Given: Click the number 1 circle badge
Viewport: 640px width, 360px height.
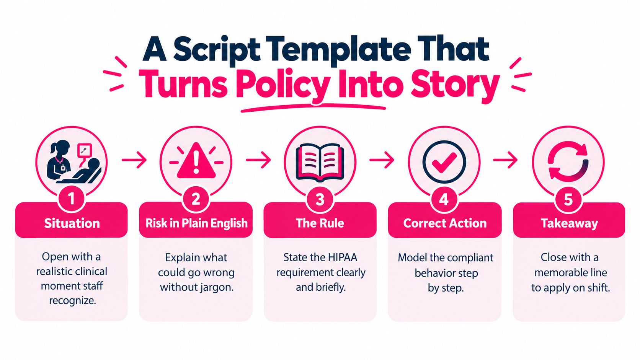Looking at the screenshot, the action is tap(72, 199).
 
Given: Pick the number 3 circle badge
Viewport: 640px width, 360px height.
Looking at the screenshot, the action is tap(320, 199).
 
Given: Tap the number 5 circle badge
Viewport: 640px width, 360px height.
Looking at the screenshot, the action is tap(568, 199).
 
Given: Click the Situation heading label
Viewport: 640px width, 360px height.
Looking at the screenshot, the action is tap(72, 223).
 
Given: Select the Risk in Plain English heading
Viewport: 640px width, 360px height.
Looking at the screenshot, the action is tap(197, 223).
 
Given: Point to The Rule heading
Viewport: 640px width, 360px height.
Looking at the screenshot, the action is tap(320, 223).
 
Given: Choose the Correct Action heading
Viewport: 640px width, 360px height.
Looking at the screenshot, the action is tap(445, 223).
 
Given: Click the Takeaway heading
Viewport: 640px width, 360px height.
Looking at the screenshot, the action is tap(570, 223).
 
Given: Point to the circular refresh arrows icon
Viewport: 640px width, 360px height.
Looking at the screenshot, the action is tap(568, 161).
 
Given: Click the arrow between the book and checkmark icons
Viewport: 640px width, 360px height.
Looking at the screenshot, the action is tap(382, 160).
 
